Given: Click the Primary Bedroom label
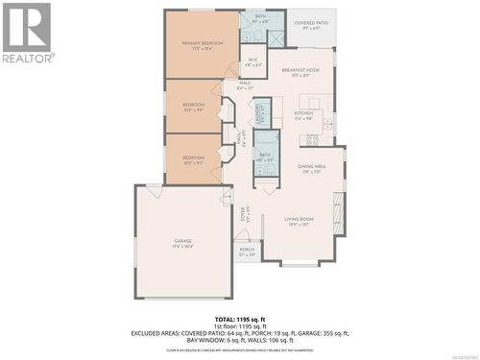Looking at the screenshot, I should (x=202, y=45).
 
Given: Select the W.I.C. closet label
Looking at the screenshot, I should (x=252, y=62).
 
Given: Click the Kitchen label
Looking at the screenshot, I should (x=303, y=115).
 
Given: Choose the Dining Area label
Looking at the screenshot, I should (x=312, y=169).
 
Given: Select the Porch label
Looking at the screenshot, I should (x=247, y=255).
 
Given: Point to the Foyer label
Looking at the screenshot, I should (x=244, y=213).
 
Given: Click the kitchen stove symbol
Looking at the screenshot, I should (x=312, y=140).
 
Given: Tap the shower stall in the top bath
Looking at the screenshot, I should (x=276, y=37).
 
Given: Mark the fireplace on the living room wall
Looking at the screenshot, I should (x=337, y=208).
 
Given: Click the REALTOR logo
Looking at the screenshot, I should (x=27, y=33).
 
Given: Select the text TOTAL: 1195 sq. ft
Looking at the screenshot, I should (x=239, y=317).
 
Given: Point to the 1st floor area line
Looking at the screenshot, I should (x=239, y=324).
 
